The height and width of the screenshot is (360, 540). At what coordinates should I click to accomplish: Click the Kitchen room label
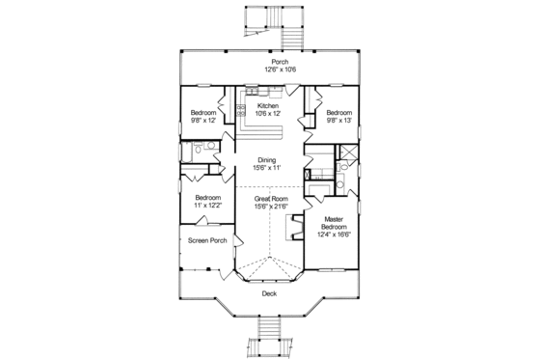[269, 105]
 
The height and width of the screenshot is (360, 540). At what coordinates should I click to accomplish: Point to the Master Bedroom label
[336, 224]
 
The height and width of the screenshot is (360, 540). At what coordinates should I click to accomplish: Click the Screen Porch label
[206, 239]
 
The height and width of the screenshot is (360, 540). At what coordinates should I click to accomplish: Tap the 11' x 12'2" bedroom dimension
[202, 205]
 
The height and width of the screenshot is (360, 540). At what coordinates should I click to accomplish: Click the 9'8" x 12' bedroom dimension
[202, 121]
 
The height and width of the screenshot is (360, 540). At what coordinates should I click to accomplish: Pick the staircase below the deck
[269, 343]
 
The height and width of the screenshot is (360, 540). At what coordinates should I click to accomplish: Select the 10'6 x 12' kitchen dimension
[269, 114]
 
